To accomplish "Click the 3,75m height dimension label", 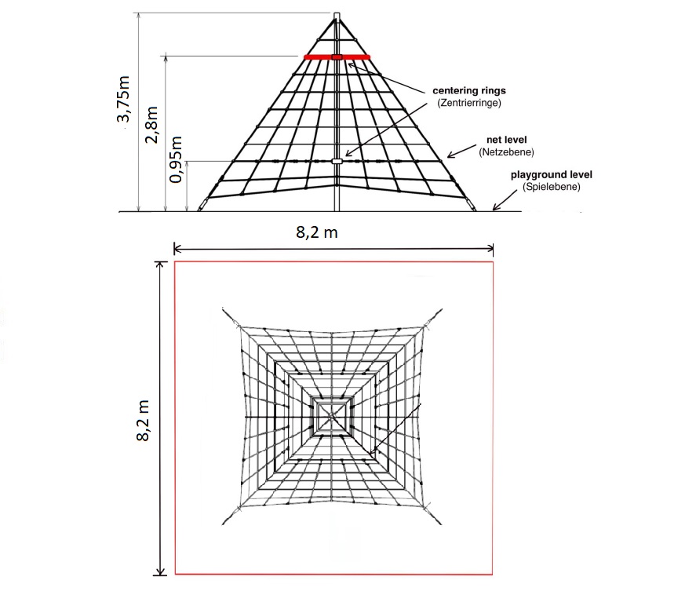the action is point(123,99).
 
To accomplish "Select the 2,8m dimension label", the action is point(151,125).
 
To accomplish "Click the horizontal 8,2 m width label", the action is point(317,232).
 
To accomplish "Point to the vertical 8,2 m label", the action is point(143,421).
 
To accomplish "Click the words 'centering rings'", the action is point(469,90).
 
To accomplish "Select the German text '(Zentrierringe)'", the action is point(469,103).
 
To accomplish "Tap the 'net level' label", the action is point(506,140).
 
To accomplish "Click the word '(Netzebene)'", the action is point(506,152).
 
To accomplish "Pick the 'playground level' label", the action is point(552,174).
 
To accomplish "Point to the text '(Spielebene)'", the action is point(552,187).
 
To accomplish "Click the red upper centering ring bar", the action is point(337,57).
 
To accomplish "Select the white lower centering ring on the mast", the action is point(337,161).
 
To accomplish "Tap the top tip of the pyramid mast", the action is point(337,13).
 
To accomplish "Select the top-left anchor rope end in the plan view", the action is point(223,309).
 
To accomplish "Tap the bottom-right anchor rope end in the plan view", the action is point(441,524).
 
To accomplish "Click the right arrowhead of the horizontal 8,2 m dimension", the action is point(490,249).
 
